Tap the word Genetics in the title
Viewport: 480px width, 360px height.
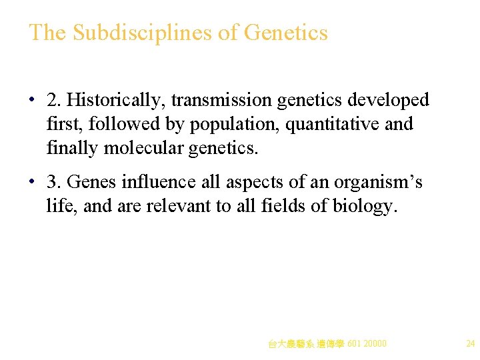coord(286,33)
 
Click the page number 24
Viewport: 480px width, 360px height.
coord(470,344)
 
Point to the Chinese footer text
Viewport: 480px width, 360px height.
coord(327,344)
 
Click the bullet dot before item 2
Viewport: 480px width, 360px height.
coord(32,101)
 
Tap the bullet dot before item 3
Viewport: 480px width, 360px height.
coord(32,182)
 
